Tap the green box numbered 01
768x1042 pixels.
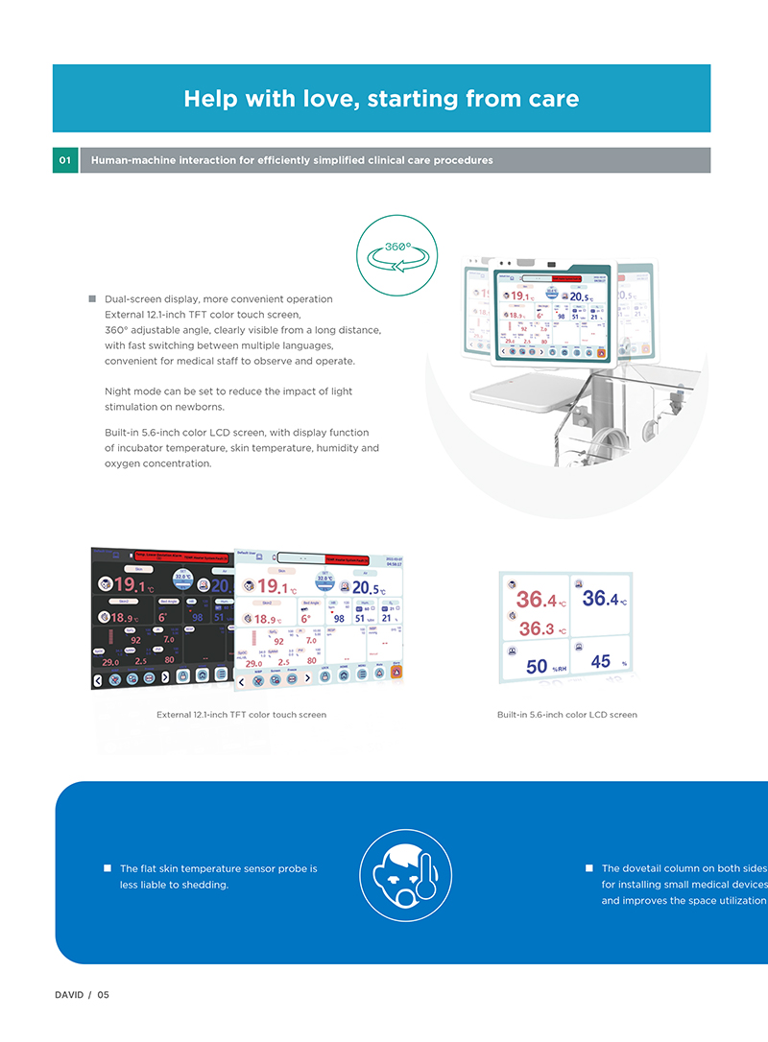point(65,160)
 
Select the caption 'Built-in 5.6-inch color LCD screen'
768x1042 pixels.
point(566,715)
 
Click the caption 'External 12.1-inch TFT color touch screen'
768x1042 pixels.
point(241,715)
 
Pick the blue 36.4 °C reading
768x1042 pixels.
point(604,600)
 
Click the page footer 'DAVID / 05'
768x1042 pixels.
point(82,995)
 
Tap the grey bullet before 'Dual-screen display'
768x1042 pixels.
point(93,299)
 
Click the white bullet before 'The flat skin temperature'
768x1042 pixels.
point(108,868)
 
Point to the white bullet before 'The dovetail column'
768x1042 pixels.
point(589,868)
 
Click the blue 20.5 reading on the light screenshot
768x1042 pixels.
point(369,586)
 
